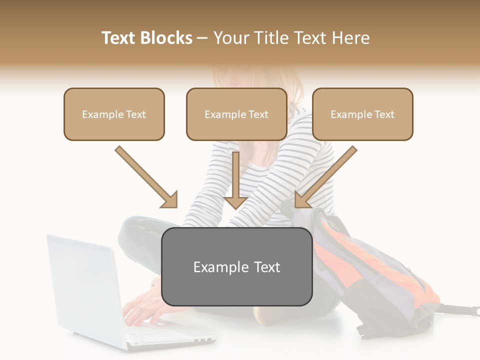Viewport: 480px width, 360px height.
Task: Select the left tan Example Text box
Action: tap(114, 114)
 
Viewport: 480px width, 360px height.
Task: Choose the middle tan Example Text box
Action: tap(236, 114)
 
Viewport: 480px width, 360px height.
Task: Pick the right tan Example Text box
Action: tap(362, 114)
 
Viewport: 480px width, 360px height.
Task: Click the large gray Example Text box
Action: tap(237, 267)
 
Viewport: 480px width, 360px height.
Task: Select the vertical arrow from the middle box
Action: tap(236, 180)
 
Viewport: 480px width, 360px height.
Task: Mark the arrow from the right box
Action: tap(325, 177)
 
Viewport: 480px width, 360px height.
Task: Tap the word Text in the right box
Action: tap(384, 114)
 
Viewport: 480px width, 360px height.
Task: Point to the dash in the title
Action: tap(202, 38)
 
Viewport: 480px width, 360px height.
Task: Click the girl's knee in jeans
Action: tap(135, 227)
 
